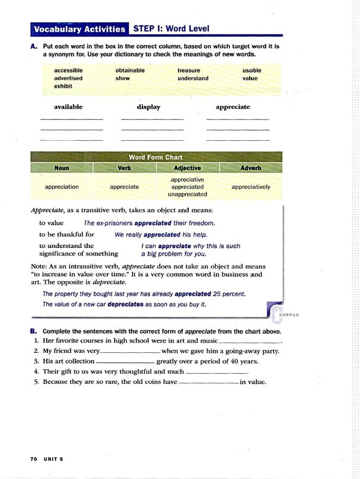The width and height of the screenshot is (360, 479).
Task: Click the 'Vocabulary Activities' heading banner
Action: point(79,29)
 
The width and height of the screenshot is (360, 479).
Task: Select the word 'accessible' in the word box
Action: point(68,70)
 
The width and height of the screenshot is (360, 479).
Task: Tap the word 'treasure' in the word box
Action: point(189,70)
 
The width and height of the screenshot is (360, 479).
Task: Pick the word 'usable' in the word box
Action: point(252,70)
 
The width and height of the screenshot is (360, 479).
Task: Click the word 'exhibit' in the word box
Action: point(63,86)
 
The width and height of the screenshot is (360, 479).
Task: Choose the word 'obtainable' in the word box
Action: point(130,70)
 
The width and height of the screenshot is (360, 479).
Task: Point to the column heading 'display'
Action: point(148,107)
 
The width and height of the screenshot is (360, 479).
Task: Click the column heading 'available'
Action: point(68,107)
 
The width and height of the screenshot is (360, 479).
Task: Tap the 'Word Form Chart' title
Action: point(156,158)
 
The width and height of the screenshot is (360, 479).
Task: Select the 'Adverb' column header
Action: point(250,168)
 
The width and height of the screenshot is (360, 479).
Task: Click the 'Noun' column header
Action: point(62,168)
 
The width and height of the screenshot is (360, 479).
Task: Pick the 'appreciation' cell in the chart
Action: point(62,186)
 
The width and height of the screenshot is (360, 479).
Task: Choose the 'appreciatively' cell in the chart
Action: point(250,186)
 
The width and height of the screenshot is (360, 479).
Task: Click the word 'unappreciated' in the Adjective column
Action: point(187,194)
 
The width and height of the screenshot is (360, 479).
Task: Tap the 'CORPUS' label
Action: point(289,315)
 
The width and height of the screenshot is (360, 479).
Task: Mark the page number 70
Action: point(34,459)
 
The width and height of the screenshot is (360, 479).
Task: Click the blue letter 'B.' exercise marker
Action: point(34,331)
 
